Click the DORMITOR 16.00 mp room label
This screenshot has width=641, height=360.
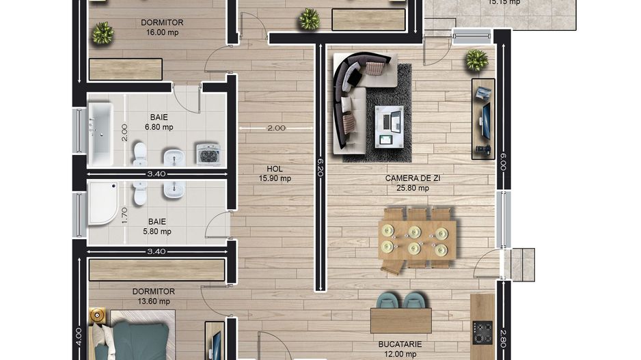point(162,27)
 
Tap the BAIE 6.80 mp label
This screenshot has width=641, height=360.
point(159,122)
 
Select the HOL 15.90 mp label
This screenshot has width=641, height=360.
point(275,174)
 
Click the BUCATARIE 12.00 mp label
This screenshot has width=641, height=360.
point(401,349)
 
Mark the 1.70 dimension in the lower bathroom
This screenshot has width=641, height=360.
point(124,215)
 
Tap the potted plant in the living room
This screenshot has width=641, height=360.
point(476,60)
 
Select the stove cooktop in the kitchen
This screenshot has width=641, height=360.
point(483,334)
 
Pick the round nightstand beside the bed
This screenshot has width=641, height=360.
point(96,317)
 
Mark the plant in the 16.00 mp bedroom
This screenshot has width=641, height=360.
point(103,32)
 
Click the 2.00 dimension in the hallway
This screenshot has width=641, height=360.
point(276,128)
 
